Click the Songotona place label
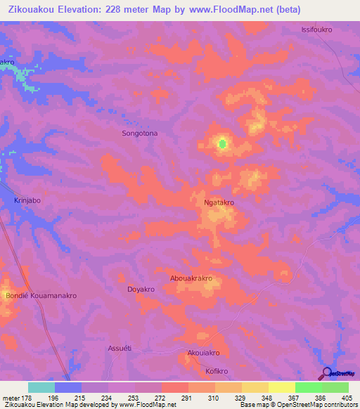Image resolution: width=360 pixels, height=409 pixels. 140,133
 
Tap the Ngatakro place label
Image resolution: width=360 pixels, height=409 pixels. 219,202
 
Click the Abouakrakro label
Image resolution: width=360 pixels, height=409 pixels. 191,278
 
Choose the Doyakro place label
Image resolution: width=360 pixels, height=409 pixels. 141,289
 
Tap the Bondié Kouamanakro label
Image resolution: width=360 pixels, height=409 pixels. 41,296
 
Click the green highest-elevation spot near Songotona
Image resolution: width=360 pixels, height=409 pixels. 223,144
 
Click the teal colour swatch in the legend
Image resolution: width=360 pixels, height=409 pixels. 41,387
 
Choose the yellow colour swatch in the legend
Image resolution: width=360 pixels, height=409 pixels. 281,387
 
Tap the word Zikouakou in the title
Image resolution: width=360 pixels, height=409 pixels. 31,10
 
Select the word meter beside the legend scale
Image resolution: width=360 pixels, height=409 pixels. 10,398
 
